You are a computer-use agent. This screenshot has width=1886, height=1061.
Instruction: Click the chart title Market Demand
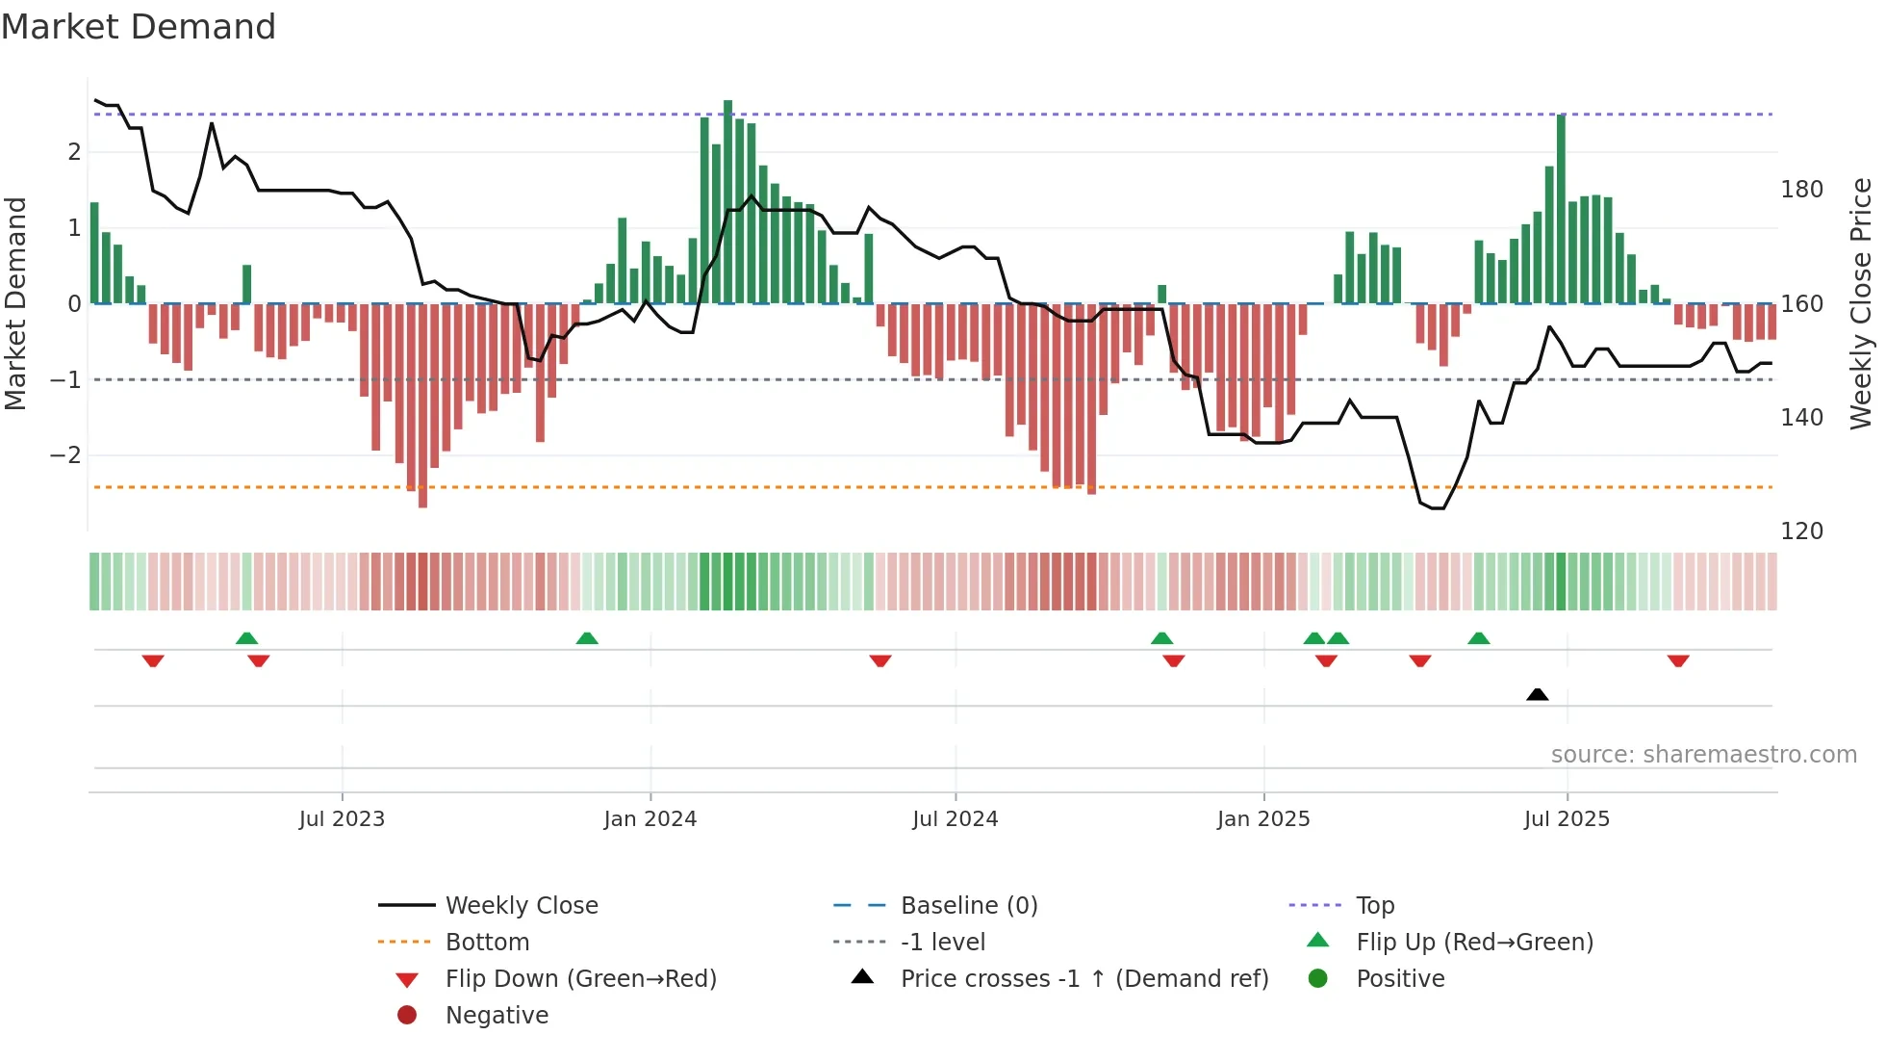139,27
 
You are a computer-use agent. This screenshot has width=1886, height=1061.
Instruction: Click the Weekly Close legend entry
521,905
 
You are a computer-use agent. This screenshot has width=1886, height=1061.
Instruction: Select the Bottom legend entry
487,942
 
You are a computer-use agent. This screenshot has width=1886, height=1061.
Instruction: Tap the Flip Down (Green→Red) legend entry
580,978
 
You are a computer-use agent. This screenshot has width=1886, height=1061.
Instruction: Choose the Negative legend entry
497,1015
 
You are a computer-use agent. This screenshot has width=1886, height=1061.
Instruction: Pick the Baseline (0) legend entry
968,905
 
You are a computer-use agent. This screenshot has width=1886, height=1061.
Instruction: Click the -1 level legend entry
942,942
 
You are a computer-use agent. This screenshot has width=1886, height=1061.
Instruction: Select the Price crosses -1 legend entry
1083,978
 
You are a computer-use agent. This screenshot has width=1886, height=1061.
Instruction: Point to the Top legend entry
1374,905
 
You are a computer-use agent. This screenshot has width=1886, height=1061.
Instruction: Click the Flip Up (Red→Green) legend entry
1474,942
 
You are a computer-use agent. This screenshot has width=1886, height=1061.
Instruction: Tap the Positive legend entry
1400,978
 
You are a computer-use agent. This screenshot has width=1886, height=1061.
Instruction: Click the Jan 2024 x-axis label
650,818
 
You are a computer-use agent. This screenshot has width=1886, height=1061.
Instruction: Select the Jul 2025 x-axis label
1566,818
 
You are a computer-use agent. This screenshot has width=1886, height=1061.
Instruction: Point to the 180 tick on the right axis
1801,190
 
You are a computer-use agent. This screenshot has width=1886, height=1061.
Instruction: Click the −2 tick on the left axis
65,454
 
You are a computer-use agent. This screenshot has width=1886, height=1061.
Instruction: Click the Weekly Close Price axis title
1861,303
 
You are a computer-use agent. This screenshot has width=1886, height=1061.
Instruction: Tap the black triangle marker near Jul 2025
1537,694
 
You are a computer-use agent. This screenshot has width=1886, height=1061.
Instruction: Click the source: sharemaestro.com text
1703,754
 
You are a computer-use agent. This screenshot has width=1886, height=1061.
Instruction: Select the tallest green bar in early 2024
727,202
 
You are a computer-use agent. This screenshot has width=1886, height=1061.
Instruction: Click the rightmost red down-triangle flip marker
1678,660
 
